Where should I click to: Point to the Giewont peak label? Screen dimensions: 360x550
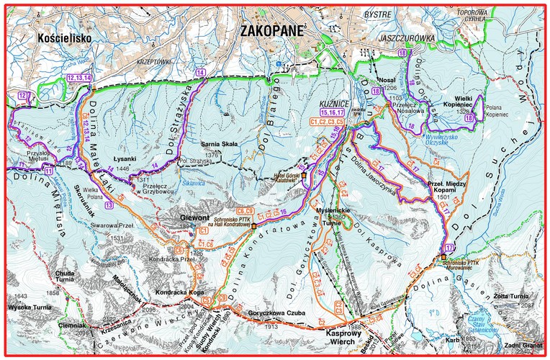[x=197, y=215]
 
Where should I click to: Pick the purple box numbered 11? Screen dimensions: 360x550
[x=48, y=171]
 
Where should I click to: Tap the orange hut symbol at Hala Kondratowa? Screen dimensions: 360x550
[x=253, y=225]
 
